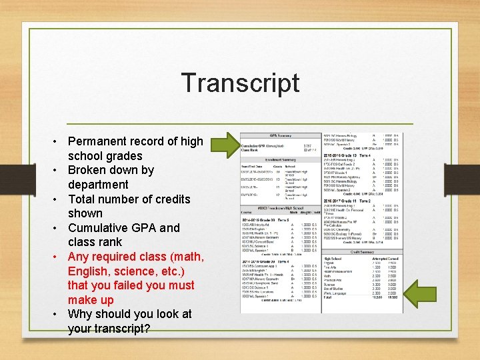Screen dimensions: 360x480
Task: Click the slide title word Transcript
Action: [240, 83]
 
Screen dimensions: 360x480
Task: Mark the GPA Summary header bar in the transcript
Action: [281, 135]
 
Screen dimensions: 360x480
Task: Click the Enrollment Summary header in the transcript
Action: [281, 160]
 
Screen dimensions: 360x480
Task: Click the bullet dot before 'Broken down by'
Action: [58, 171]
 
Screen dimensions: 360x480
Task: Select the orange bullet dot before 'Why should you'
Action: [58, 315]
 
